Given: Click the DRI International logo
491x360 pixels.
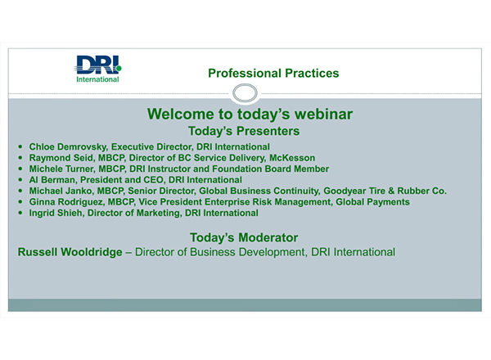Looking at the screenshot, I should [x=97, y=68].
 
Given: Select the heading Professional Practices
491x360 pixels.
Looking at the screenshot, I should [x=273, y=74].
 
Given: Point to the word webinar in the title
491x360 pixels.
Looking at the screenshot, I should [x=316, y=115].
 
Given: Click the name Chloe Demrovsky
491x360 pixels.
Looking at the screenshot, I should [x=68, y=146].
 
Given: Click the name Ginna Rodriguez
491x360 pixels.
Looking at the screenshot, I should [x=67, y=201].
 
